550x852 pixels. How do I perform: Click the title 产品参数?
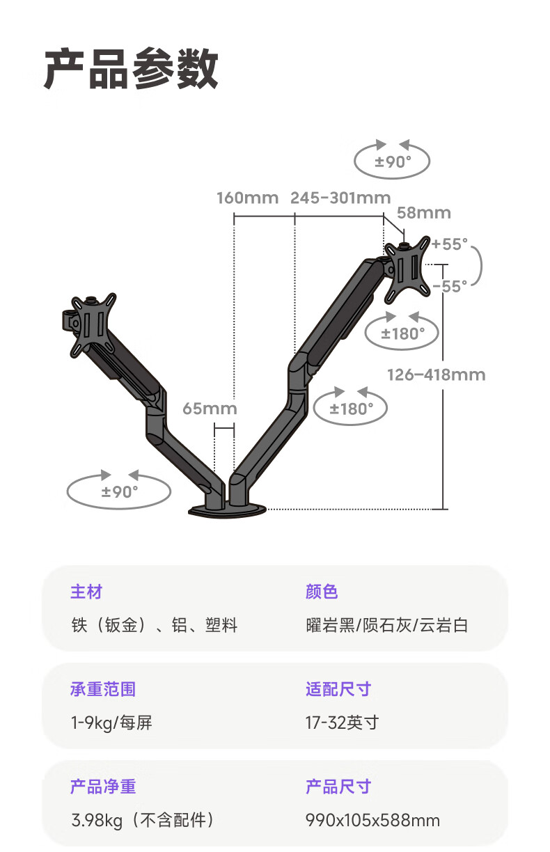[131, 69]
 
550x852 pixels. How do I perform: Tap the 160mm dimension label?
[248, 198]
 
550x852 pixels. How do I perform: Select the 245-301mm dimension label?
[340, 198]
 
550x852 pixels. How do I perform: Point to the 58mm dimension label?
[424, 213]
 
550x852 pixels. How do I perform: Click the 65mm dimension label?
[210, 409]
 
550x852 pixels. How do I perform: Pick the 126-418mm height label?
[437, 375]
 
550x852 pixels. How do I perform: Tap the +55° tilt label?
[450, 244]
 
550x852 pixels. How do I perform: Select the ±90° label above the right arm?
[393, 162]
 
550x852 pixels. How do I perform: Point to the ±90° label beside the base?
[120, 492]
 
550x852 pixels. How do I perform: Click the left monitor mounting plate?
[93, 325]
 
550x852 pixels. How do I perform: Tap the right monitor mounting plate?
[407, 269]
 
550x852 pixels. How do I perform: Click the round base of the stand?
[228, 511]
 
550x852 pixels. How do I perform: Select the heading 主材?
[86, 592]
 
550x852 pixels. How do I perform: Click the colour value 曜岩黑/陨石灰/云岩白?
[387, 626]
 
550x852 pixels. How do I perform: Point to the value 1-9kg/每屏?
[111, 723]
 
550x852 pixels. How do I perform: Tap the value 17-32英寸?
[343, 723]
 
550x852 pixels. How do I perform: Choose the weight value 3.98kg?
[97, 821]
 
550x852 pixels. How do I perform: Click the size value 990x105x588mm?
[372, 821]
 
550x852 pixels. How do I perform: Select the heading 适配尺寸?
[338, 689]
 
